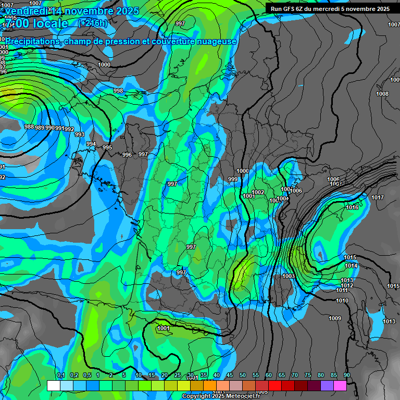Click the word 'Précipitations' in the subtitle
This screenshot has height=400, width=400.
pyautogui.click(x=31, y=41)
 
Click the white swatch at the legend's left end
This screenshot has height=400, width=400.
pyautogui.click(x=53, y=385)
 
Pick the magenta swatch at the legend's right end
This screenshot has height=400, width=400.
pyautogui.click(x=340, y=385)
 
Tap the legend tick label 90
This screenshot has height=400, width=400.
pyautogui.click(x=346, y=376)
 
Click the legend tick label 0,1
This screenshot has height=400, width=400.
pyautogui.click(x=60, y=376)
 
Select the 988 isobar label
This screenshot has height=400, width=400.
pyautogui.click(x=29, y=127)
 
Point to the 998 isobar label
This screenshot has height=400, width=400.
pyautogui.click(x=118, y=91)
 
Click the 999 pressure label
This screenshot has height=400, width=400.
pyautogui.click(x=233, y=180)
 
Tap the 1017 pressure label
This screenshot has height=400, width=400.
pyautogui.click(x=378, y=197)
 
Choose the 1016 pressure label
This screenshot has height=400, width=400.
pyautogui.click(x=352, y=208)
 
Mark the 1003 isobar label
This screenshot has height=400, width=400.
pyautogui.click(x=289, y=277)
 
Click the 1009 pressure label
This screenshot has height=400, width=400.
pyautogui.click(x=335, y=319)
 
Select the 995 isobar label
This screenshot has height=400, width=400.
pyautogui.click(x=107, y=148)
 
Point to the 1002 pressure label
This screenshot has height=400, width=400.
pyautogui.click(x=258, y=193)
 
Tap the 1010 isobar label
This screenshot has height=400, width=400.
pyautogui.click(x=342, y=301)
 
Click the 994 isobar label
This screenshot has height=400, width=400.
pyautogui.click(x=91, y=144)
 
